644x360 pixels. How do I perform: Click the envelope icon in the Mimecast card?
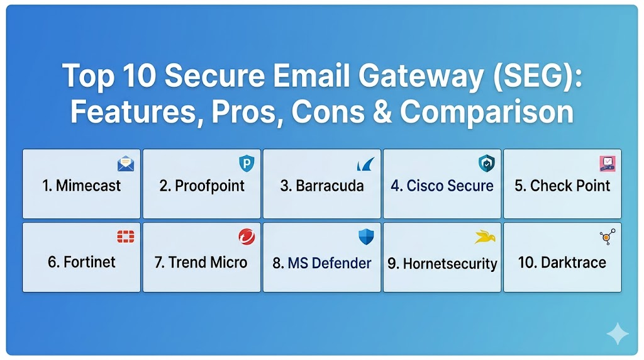point(125,164)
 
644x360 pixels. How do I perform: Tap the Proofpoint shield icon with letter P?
point(247,164)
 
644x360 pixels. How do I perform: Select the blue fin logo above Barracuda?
point(365,164)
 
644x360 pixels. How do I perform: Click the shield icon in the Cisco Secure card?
point(487,164)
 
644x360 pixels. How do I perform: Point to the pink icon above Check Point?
point(607,164)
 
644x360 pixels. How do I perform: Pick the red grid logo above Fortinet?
point(126,237)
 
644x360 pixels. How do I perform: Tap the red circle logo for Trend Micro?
point(247,237)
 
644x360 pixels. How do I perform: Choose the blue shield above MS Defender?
point(366,237)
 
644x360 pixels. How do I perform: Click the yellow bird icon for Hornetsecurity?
point(485,237)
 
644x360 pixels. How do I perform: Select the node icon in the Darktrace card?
point(608,237)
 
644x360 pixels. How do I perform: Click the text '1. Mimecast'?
point(81,186)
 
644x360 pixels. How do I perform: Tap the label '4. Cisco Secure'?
point(442,186)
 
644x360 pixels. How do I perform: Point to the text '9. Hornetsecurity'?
point(442,264)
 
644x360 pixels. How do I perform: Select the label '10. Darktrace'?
point(562,262)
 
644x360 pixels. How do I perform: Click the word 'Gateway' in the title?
point(421,77)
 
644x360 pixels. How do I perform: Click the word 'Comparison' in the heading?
point(487,113)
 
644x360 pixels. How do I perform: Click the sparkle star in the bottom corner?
point(618,334)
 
